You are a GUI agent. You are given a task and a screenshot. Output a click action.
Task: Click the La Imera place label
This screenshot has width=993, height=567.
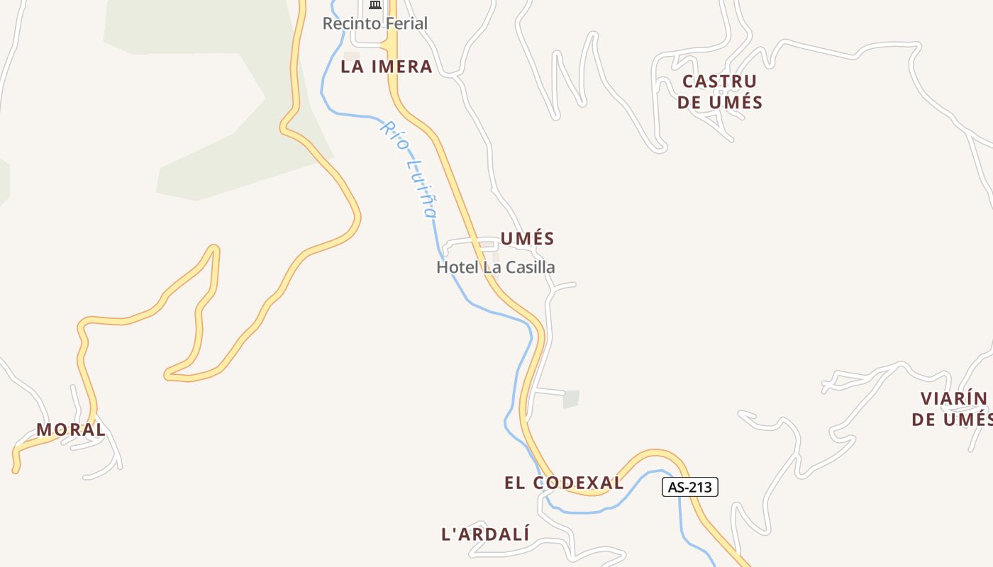pos(386,67)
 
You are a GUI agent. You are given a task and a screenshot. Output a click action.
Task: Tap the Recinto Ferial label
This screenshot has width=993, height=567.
pos(375,23)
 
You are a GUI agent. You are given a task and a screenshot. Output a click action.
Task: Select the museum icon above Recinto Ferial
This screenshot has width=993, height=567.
pos(375,5)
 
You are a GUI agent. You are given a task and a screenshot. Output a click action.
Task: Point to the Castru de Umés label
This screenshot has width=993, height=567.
pos(719,91)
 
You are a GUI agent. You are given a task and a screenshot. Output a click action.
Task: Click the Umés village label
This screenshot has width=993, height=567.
pos(527,239)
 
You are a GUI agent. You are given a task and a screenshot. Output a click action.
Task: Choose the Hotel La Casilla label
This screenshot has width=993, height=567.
pos(495,267)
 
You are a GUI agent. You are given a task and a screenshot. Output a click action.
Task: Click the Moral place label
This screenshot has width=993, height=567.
pos(71,430)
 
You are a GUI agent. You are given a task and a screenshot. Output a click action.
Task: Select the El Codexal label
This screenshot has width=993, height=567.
pos(564,483)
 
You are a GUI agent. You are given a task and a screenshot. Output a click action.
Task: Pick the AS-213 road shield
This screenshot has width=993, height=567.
pos(690,487)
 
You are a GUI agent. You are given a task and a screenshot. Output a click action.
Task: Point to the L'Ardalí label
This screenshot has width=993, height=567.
pos(485,534)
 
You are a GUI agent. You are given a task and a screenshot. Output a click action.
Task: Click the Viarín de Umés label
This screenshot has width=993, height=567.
pos(952,409)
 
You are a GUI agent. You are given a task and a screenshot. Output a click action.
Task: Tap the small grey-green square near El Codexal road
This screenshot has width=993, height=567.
pos(571,399)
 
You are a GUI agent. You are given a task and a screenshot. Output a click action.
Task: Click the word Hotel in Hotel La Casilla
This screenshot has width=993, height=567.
pos(457,267)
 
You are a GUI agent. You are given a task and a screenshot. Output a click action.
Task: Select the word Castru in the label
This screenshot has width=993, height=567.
pos(719,82)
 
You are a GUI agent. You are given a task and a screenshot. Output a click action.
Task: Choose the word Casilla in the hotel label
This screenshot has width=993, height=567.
pos(527,267)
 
